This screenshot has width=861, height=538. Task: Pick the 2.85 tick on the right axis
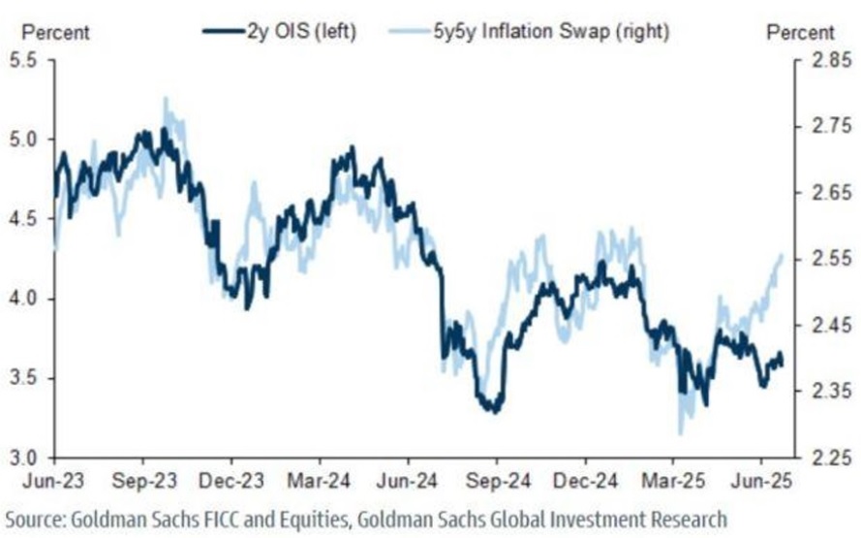coord(820,60)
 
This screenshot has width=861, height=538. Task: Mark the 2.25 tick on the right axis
coord(820,458)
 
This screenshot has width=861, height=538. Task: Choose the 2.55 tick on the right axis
coord(820,259)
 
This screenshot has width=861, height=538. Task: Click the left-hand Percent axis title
coord(55,32)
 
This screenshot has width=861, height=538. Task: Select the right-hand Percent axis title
coord(800,32)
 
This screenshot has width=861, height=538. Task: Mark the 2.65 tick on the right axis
coord(820,192)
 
